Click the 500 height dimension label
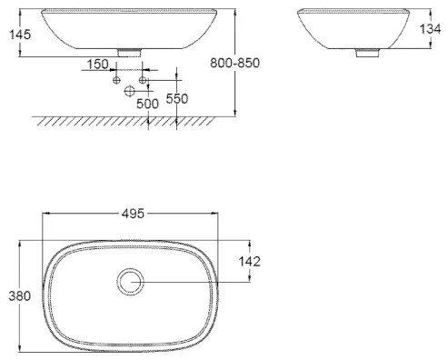coord(147,104)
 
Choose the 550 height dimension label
coord(176,98)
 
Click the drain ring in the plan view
coord(130,283)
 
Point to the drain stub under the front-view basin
coord(130,55)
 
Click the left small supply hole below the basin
coord(116,81)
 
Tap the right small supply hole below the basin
coord(143,81)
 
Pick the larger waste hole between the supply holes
coord(129,91)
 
